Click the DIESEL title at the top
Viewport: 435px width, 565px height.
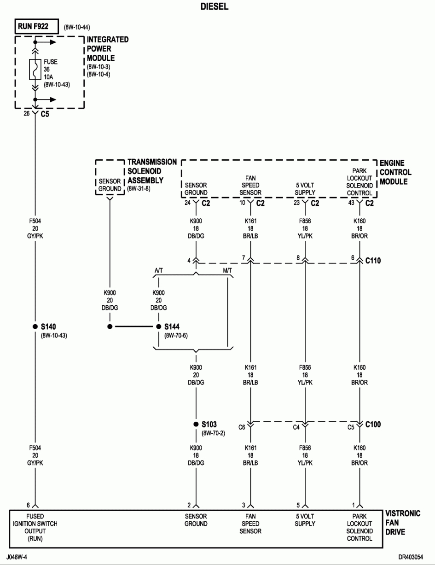[215, 6]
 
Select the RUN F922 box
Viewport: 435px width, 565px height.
[37, 26]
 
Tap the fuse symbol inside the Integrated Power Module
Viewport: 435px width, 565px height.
[35, 69]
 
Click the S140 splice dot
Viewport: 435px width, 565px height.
[35, 326]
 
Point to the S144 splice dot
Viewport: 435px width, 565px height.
[158, 326]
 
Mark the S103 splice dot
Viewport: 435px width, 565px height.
[196, 425]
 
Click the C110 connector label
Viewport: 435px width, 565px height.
[373, 261]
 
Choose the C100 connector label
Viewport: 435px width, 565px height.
[373, 425]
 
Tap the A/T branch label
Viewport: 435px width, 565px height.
[158, 270]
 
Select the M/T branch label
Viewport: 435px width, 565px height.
[227, 270]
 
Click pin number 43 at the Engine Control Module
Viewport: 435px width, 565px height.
[351, 203]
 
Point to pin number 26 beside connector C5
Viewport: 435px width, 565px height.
[27, 113]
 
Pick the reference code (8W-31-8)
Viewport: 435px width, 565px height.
[139, 188]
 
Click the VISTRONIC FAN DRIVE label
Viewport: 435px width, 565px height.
[402, 523]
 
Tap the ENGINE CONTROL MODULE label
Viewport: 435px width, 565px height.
[395, 172]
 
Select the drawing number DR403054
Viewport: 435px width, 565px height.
[411, 557]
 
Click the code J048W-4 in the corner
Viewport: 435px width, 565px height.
[17, 557]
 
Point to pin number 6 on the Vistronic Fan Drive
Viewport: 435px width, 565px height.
[29, 505]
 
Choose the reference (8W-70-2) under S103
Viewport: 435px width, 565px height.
[213, 433]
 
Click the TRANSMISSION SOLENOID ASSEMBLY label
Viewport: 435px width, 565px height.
[152, 171]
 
